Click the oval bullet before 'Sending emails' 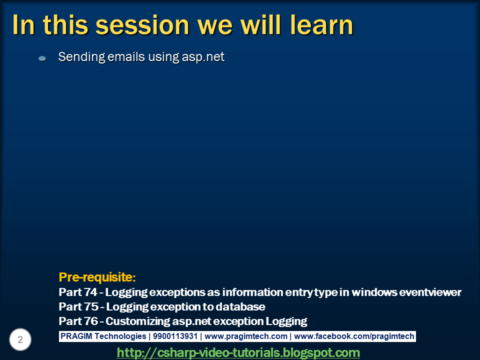tap(42, 58)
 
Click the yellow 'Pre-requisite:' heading tap(97, 277)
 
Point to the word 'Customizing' tap(136, 321)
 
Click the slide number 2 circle tap(20, 340)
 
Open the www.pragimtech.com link tap(245, 336)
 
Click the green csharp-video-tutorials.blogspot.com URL tap(238, 352)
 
